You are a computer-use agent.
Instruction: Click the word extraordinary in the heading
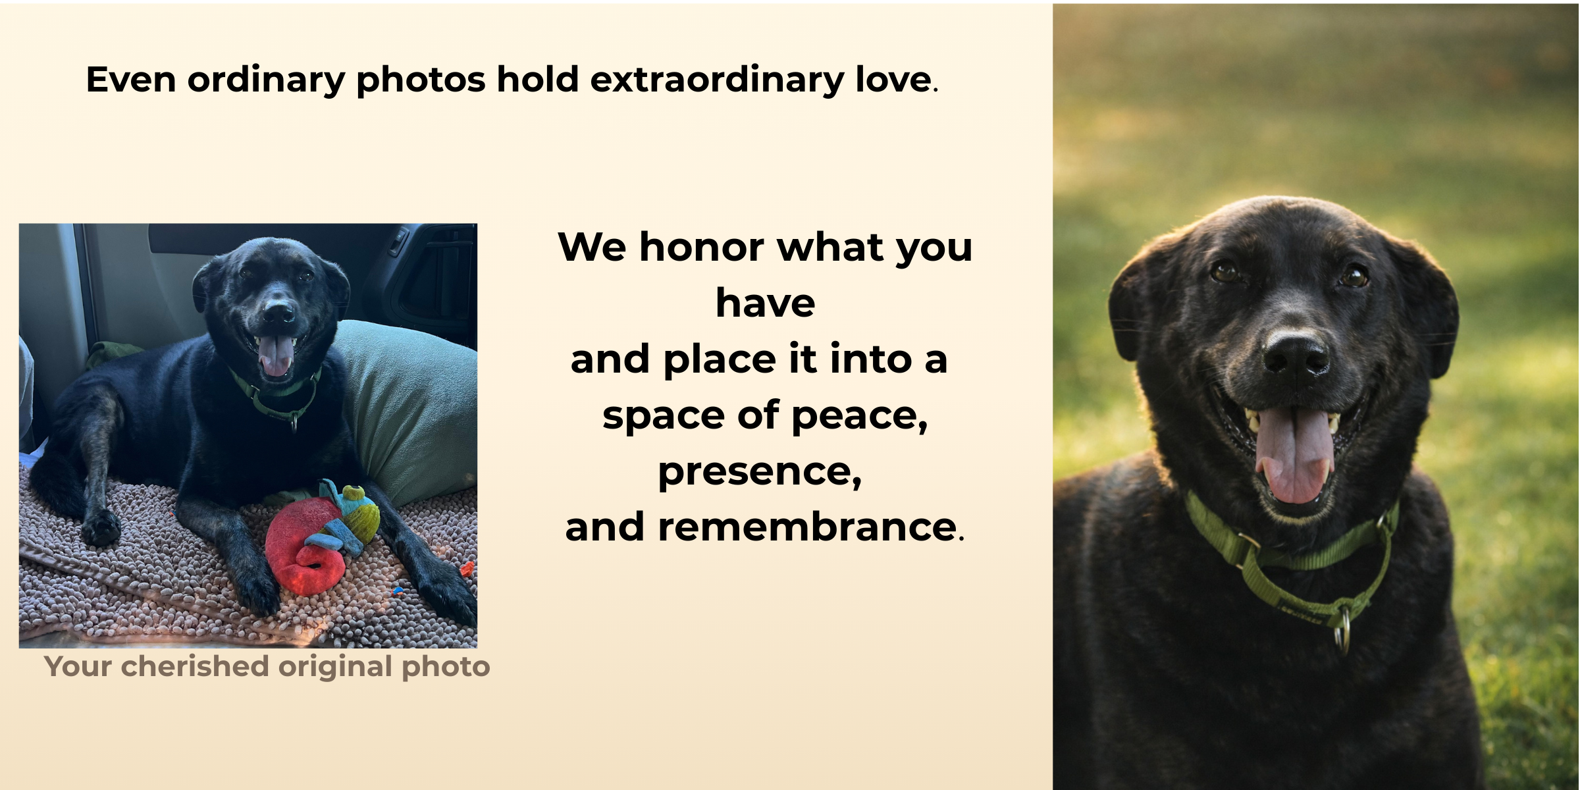click(716, 80)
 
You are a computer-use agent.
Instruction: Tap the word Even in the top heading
click(130, 80)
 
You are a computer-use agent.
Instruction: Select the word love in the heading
click(893, 80)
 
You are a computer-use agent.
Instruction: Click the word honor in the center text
click(702, 248)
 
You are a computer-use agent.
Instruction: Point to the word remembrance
click(807, 528)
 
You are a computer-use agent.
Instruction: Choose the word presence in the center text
click(758, 472)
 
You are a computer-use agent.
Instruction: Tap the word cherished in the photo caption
click(195, 667)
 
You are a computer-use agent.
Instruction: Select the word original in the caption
click(336, 667)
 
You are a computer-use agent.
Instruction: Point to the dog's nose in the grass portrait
click(1294, 355)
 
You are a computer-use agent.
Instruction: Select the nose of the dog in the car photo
click(279, 311)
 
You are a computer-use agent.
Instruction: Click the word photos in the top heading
click(421, 80)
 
